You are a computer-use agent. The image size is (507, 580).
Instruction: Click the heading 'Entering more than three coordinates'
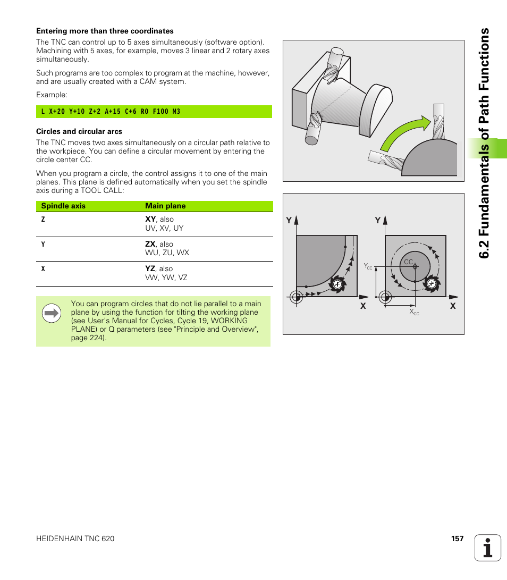(x=105, y=31)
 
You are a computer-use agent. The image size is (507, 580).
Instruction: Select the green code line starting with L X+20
(x=111, y=112)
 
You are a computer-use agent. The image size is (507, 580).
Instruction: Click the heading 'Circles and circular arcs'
(x=79, y=131)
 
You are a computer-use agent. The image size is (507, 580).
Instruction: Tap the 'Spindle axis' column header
(x=63, y=206)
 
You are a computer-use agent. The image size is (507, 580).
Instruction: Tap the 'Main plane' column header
(x=165, y=206)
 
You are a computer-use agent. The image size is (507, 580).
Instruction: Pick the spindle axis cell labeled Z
(x=43, y=220)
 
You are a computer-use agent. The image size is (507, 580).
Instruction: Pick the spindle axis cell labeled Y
(x=43, y=245)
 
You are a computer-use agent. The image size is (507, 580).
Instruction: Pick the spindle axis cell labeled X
(x=43, y=269)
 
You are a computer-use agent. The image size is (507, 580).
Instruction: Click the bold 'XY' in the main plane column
(x=150, y=219)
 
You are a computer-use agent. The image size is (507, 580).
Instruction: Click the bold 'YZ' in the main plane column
(x=150, y=269)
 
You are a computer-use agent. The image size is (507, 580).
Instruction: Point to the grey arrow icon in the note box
(x=52, y=314)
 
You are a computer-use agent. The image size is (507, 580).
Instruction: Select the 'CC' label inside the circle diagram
(x=408, y=262)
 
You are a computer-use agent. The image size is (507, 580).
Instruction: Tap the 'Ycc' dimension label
(x=368, y=266)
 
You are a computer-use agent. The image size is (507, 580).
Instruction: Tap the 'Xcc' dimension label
(x=414, y=312)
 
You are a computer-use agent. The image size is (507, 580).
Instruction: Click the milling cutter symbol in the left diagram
(x=337, y=284)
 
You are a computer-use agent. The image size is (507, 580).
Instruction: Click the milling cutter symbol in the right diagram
(x=432, y=284)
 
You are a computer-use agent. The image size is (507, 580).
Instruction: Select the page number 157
(x=457, y=539)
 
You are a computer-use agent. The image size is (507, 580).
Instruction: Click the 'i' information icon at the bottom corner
(x=488, y=548)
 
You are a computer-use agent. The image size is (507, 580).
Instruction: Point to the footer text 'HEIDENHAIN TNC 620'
(x=75, y=539)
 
